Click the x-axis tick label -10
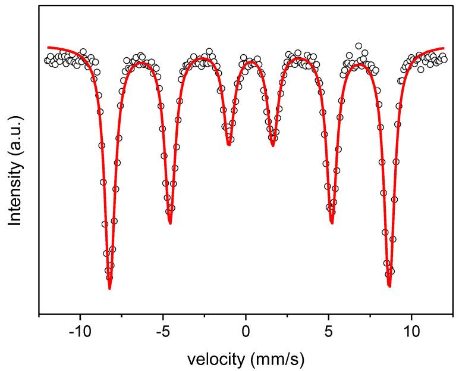(80, 331)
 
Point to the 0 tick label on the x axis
(246, 331)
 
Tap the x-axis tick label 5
(329, 331)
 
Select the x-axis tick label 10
(411, 331)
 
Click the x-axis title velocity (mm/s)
(246, 358)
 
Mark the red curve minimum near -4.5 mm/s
(170, 224)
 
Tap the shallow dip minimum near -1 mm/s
(229, 145)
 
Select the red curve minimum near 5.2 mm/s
(332, 223)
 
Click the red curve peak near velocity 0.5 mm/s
(253, 62)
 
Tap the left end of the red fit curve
(48, 47)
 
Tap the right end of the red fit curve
(444, 48)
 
